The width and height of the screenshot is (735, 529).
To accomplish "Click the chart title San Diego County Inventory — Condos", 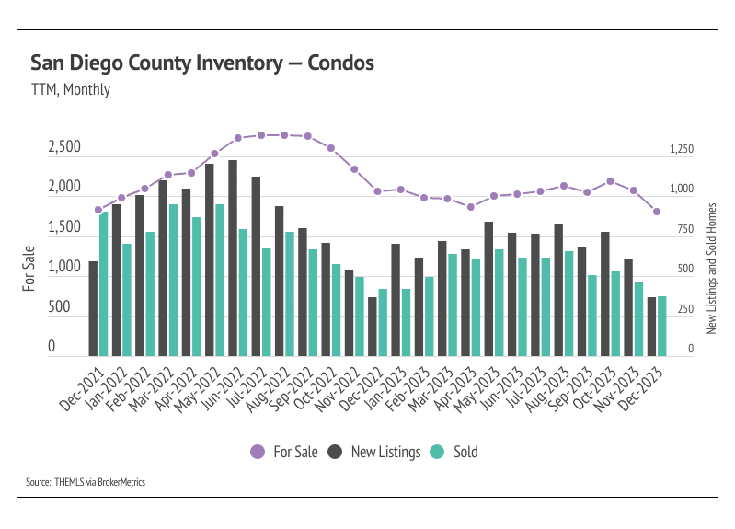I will (202, 63).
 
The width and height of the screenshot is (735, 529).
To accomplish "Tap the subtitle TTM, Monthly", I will (70, 90).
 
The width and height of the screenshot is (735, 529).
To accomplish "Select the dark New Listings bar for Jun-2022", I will (233, 258).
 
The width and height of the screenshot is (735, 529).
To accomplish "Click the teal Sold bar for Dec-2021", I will (104, 283).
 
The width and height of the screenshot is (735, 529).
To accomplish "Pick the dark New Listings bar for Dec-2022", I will (373, 326).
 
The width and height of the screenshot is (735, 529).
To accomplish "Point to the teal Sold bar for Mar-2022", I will (173, 280).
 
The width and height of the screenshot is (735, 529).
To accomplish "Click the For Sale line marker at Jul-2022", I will (261, 135).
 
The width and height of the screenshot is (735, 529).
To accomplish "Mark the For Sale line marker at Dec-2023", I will (657, 212).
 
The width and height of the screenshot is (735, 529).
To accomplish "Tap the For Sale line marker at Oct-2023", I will (610, 181).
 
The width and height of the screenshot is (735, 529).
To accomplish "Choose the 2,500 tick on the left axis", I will (64, 147).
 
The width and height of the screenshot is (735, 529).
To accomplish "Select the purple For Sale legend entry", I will (284, 452).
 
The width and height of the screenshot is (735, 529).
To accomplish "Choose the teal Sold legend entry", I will (455, 452).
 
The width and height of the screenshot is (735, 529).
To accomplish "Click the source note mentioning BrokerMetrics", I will (86, 482).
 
